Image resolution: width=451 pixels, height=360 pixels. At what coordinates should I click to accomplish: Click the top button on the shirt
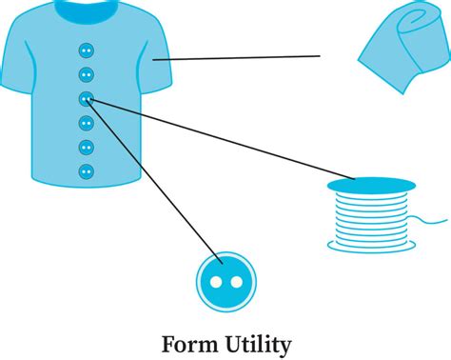click(x=86, y=50)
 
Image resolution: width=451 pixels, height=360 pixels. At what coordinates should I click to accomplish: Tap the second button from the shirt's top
click(x=86, y=74)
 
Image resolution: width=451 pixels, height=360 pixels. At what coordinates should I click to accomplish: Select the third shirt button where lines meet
click(x=86, y=98)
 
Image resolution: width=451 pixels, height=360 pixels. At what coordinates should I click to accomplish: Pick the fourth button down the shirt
click(x=86, y=123)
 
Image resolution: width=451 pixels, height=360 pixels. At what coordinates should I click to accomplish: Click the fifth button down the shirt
click(x=86, y=148)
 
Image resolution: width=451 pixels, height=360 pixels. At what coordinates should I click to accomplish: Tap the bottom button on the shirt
click(x=86, y=172)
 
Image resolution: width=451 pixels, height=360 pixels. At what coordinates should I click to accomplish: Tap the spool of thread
click(x=370, y=217)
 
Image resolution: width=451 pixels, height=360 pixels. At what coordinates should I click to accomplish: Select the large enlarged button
click(x=225, y=282)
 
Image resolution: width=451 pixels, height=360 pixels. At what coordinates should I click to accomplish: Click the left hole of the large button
click(x=216, y=282)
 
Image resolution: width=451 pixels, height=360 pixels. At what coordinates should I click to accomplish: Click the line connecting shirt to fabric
click(x=238, y=58)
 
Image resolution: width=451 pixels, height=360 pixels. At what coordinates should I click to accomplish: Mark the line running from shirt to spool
click(x=219, y=138)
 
